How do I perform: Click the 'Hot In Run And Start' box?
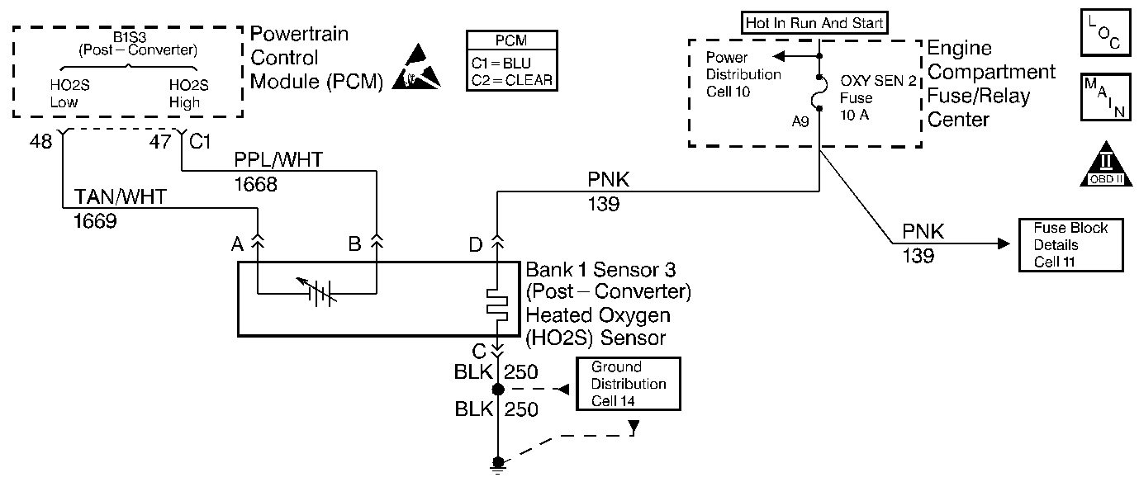814,23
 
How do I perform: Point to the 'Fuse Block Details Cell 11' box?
1070,245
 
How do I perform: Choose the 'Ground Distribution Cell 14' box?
629,384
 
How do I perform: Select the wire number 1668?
254,186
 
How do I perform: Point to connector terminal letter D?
476,244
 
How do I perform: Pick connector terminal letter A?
237,244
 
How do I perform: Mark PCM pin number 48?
40,141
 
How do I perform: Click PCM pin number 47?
159,141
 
